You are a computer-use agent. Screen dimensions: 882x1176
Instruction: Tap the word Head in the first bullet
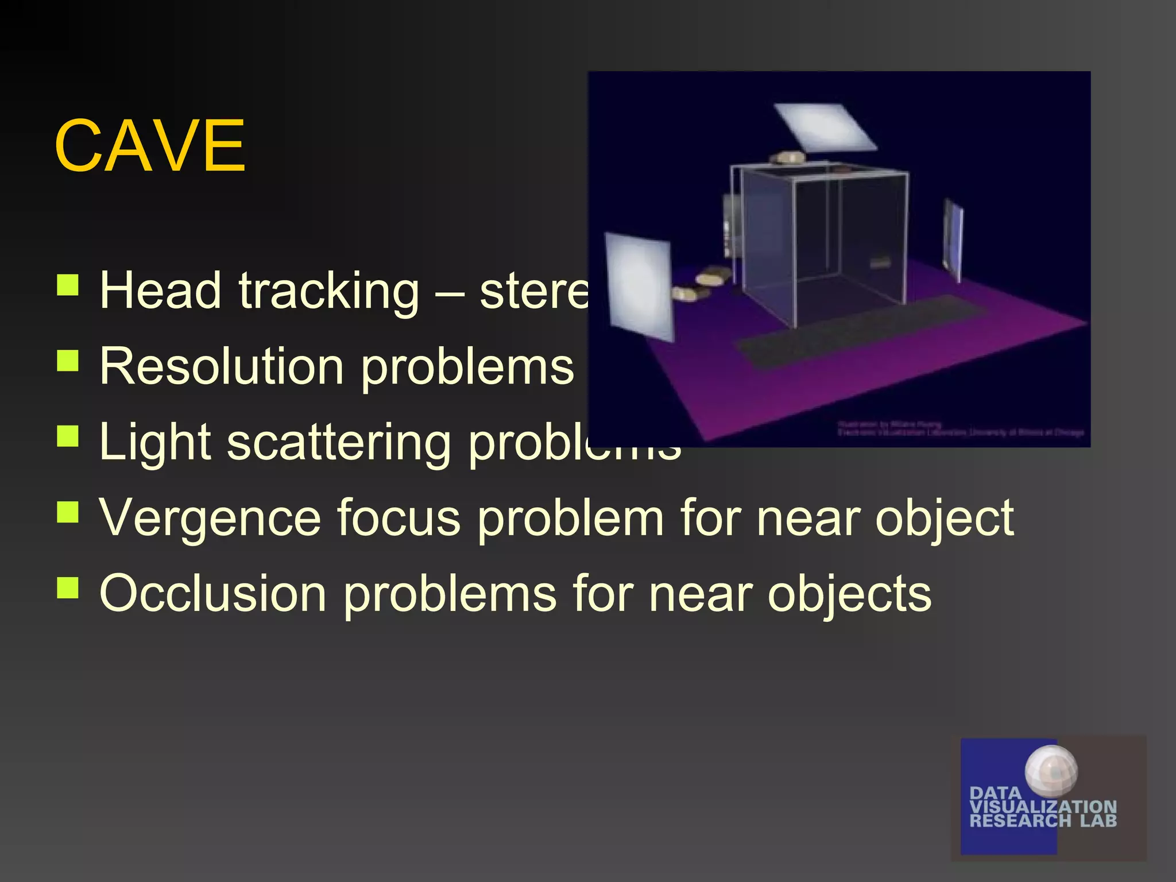click(x=160, y=291)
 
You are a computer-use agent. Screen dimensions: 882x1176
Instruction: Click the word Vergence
click(x=210, y=519)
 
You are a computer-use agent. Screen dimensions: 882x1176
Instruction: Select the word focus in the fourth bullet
click(x=398, y=518)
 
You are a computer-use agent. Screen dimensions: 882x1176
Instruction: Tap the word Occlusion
click(x=212, y=594)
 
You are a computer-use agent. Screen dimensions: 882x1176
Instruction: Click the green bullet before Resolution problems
click(x=68, y=360)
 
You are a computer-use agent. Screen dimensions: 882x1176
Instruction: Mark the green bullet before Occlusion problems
click(x=68, y=587)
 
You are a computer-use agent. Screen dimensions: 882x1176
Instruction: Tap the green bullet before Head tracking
click(x=68, y=284)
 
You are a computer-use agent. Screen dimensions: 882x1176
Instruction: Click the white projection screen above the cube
click(x=825, y=127)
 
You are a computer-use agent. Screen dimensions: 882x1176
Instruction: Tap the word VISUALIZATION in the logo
click(x=1042, y=807)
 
